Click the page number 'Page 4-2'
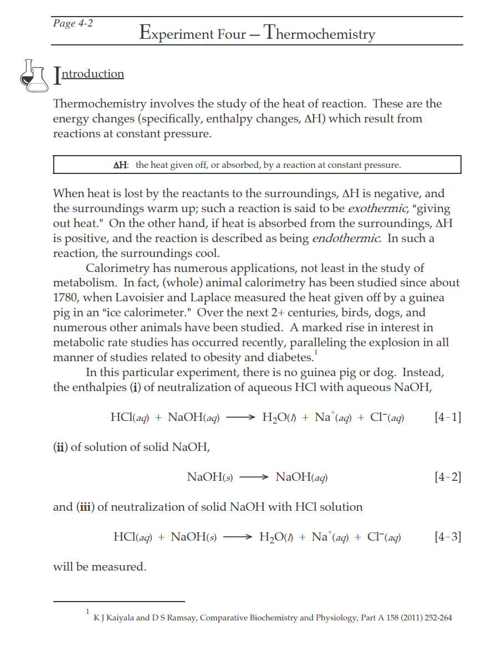[73, 24]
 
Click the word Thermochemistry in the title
[320, 33]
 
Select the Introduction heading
[89, 74]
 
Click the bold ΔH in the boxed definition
[120, 165]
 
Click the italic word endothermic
[346, 239]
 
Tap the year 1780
[66, 298]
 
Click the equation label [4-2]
[448, 477]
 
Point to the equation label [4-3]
[448, 537]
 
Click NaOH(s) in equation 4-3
[194, 537]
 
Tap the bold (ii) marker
[60, 447]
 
